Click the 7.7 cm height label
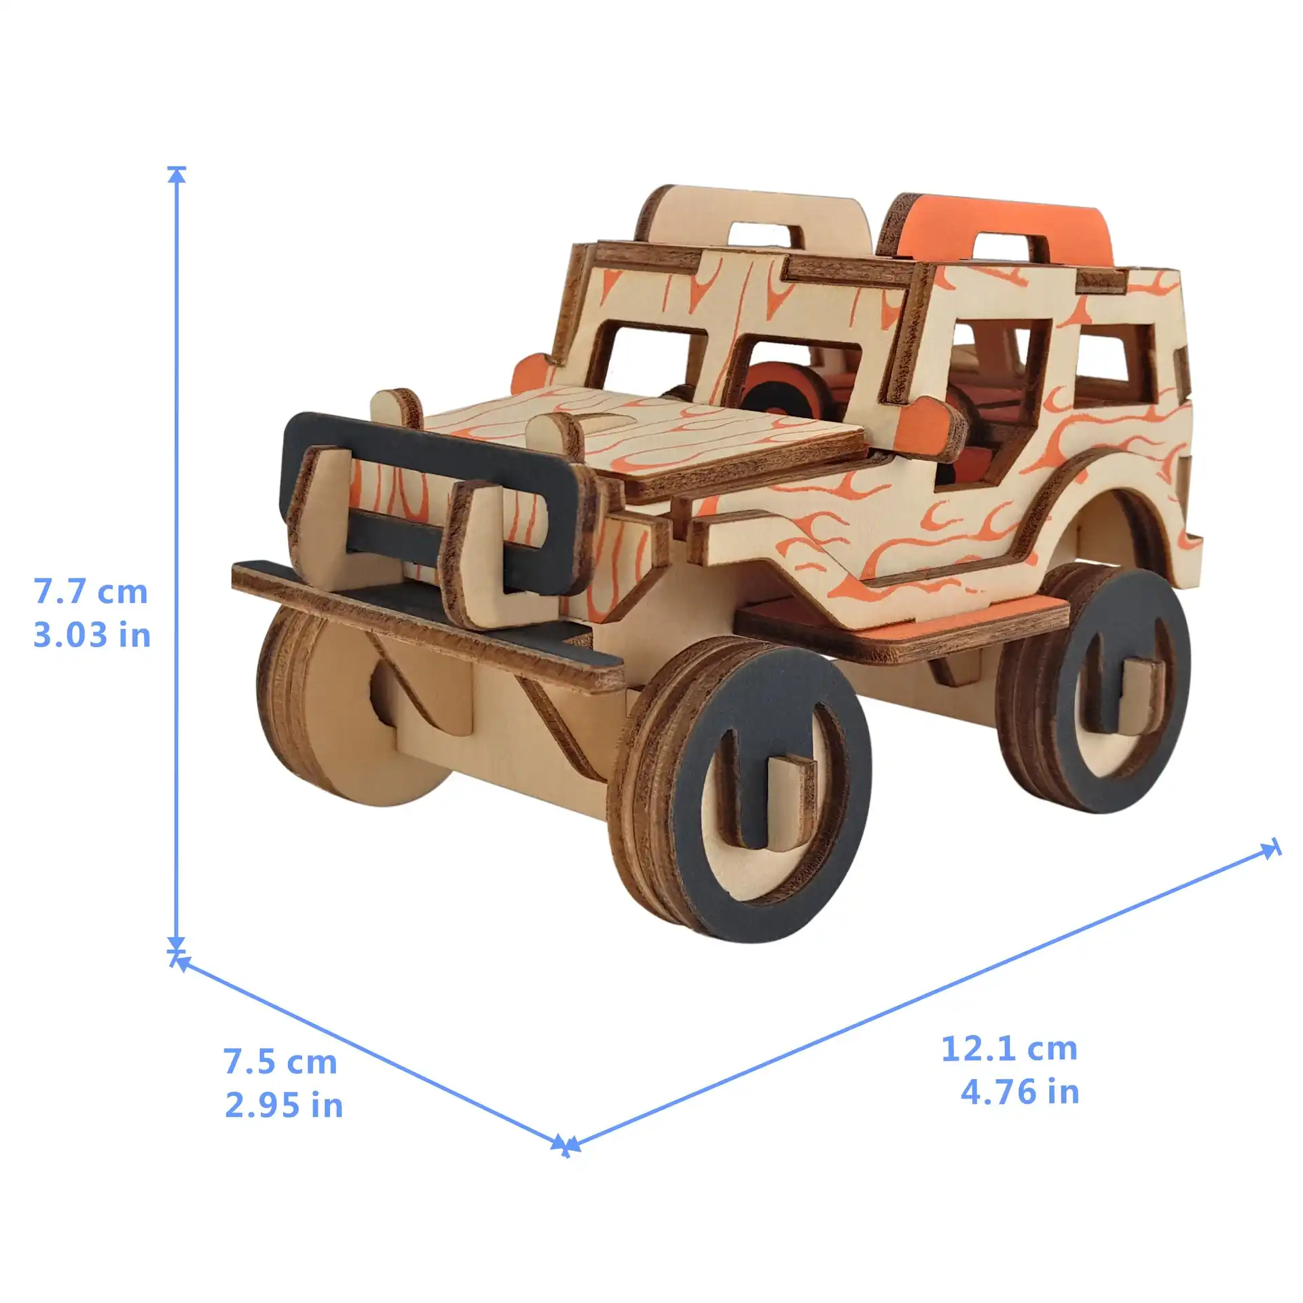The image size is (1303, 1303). tap(91, 592)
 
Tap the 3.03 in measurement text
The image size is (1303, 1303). tap(92, 636)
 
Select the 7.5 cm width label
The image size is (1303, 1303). tap(280, 1063)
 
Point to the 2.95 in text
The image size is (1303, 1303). tap(284, 1106)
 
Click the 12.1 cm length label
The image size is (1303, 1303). tap(1009, 1049)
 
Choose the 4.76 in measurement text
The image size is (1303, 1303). tap(1020, 1093)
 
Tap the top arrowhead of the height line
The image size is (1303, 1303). tap(177, 175)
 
